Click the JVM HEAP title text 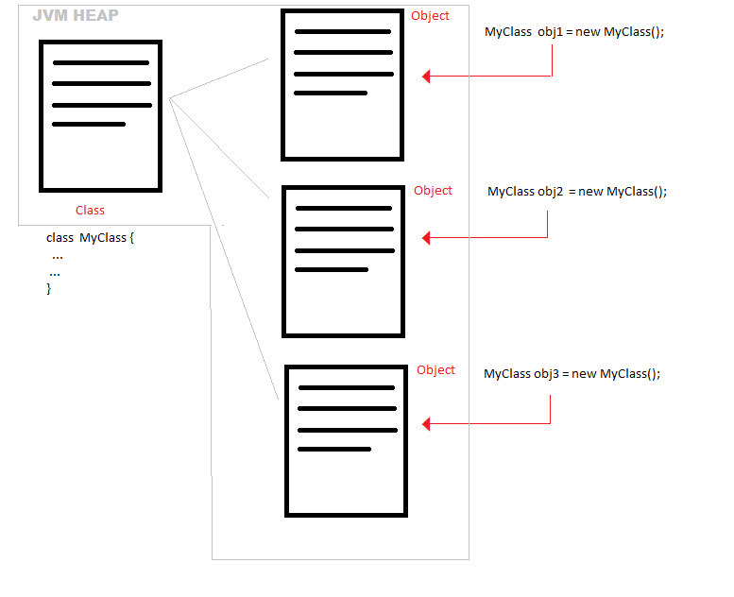click(x=76, y=17)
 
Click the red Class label click(x=90, y=210)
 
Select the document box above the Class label click(x=100, y=116)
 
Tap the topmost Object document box click(x=343, y=85)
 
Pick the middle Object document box click(x=344, y=261)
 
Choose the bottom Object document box click(x=347, y=439)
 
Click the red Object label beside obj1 click(x=430, y=16)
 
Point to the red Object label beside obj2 click(x=433, y=191)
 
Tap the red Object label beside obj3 click(x=435, y=370)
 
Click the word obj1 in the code click(x=551, y=32)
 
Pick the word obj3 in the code click(x=546, y=373)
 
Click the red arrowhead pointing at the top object click(x=427, y=77)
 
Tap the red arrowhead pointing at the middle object click(x=427, y=238)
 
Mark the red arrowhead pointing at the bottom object click(x=427, y=424)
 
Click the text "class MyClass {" click(x=90, y=238)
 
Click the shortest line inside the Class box click(x=89, y=124)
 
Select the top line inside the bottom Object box click(x=346, y=387)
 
